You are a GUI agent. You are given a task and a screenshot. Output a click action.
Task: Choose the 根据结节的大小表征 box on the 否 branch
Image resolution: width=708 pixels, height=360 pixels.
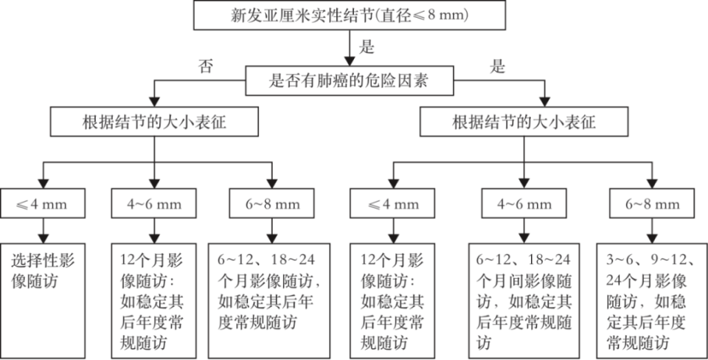(x=154, y=122)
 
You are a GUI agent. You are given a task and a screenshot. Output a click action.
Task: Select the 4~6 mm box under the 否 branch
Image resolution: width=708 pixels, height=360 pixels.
(x=154, y=203)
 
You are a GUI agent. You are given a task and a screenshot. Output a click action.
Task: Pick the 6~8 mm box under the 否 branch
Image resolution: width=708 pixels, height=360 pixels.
(x=272, y=203)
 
